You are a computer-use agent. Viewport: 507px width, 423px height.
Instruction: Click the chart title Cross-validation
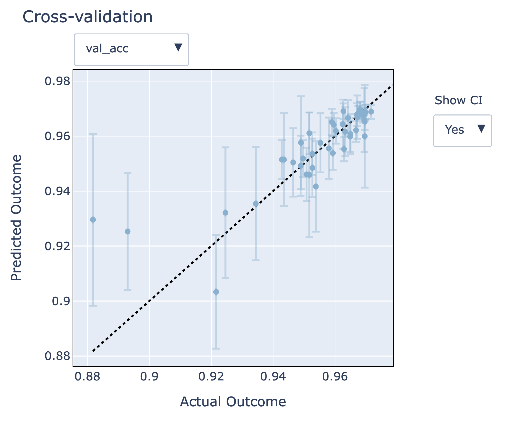pos(88,17)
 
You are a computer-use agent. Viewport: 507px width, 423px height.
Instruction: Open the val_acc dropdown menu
pos(131,49)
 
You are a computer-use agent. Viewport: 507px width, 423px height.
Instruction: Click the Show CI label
pos(458,100)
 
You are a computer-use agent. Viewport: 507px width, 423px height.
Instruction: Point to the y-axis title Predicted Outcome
pos(16,217)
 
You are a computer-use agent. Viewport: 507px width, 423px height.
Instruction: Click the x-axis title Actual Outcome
pos(233,402)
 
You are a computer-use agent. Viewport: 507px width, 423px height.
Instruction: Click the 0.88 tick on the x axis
pos(87,377)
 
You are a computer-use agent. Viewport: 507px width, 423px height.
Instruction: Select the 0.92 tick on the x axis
pos(211,377)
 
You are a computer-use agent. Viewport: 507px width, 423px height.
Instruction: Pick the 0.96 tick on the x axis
pos(335,377)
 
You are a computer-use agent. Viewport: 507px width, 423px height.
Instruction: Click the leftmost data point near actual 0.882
pos(93,220)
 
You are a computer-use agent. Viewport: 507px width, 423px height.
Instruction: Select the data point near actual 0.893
pos(128,231)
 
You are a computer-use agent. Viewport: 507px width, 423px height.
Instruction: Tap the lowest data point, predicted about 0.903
pos(216,292)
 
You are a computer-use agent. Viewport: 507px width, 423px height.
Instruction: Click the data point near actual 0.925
pos(225,213)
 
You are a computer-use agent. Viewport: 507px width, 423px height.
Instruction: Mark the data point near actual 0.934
pos(256,204)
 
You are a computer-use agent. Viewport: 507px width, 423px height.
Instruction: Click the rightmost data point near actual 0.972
pos(371,112)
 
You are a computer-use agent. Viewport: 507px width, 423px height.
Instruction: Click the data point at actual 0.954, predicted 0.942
pos(315,187)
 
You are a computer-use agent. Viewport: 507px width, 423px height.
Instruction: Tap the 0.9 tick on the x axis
pos(149,377)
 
